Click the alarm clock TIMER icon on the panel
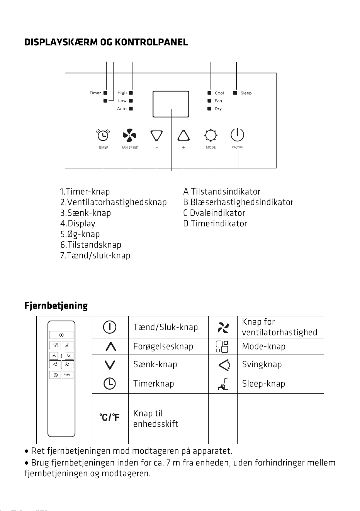coord(103,135)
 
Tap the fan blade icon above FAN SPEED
coord(129,135)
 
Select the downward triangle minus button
coord(156,136)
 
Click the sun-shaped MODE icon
coord(211,135)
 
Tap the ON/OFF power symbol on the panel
coord(237,134)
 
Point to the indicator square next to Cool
coord(209,93)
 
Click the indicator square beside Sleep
coord(235,93)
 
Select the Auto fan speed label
coord(122,109)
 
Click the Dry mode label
coord(218,109)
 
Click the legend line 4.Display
coord(78,224)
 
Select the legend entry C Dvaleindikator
coord(214,213)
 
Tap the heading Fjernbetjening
coord(56,306)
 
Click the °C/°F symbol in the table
coord(109,417)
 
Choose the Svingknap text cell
coord(262,364)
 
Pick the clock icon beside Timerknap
coord(110,383)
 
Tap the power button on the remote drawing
coord(61,335)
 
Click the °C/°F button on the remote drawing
coord(67,375)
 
